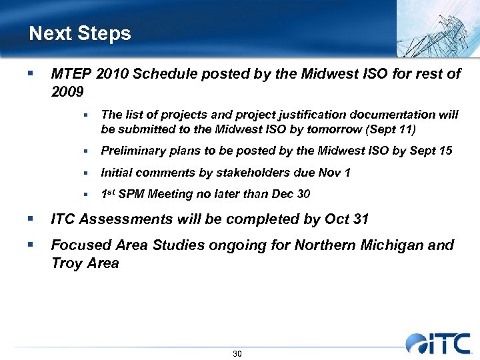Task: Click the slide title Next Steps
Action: pos(80,33)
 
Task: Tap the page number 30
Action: pos(237,353)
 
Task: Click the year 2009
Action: pos(67,91)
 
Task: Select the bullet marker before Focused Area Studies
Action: pos(30,245)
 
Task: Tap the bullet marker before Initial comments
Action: pos(86,173)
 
